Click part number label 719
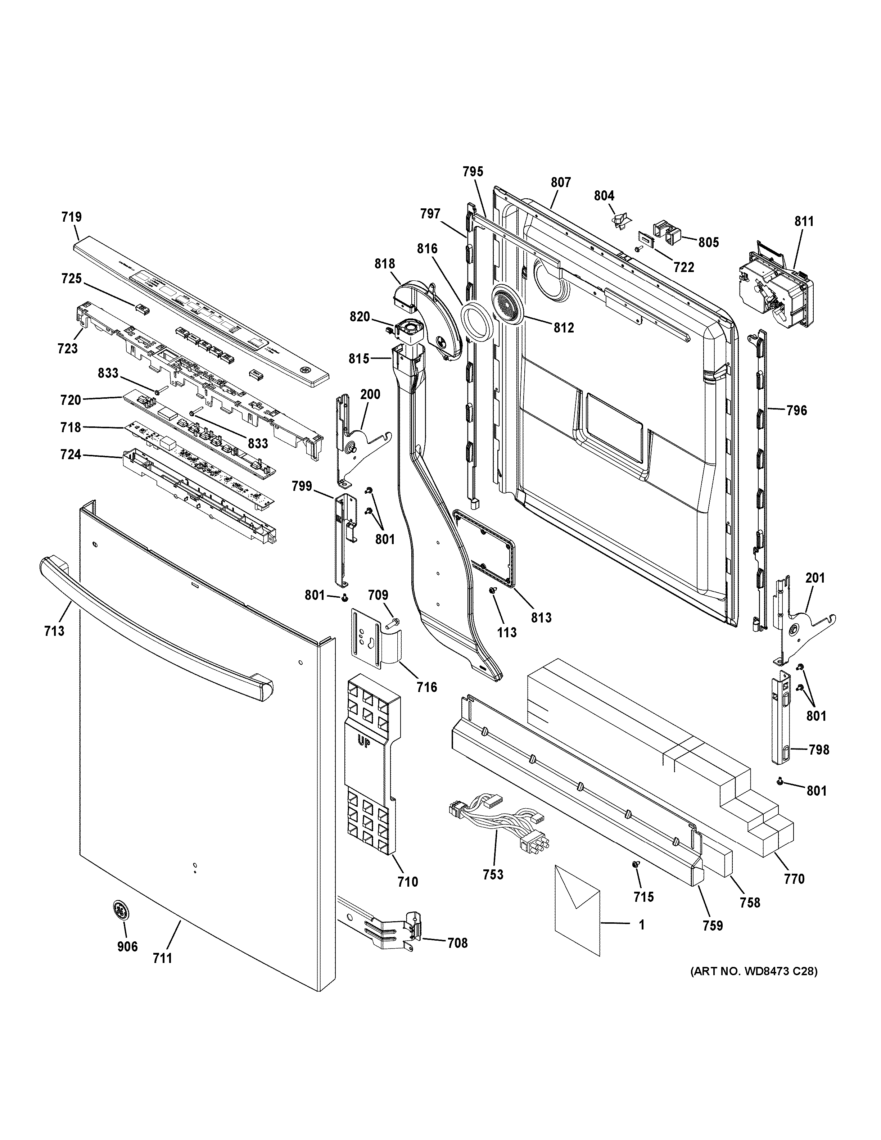click(72, 217)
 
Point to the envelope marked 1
click(577, 909)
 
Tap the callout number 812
click(564, 328)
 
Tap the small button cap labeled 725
click(142, 309)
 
